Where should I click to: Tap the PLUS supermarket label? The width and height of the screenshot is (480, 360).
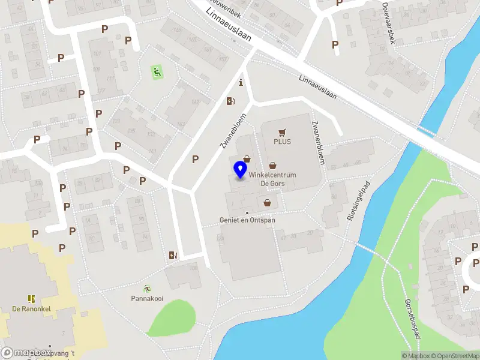tap(282, 142)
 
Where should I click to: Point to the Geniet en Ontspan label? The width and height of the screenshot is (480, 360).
tap(247, 220)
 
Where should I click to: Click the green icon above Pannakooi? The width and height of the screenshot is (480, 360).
tap(146, 289)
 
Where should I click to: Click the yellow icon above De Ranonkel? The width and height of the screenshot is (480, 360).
tap(31, 298)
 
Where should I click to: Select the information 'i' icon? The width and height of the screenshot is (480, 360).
tap(241, 83)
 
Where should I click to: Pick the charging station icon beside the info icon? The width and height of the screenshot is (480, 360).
tap(231, 101)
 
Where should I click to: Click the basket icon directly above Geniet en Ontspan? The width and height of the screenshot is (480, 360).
tap(267, 203)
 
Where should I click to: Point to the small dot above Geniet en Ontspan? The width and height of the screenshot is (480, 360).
tap(247, 212)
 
